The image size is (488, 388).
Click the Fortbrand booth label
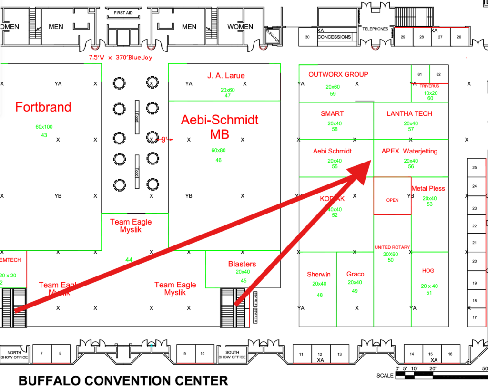click(x=43, y=107)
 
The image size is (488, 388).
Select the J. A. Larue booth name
click(x=226, y=76)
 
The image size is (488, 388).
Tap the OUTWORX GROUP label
click(x=338, y=74)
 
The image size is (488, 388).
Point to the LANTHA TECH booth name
click(x=410, y=113)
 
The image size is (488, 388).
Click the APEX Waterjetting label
click(x=409, y=151)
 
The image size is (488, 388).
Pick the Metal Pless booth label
click(x=428, y=188)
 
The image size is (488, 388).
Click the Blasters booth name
click(x=242, y=264)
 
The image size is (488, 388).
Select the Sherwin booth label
click(x=319, y=274)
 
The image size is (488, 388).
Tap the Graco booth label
click(x=355, y=274)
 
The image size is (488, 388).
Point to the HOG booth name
click(x=428, y=270)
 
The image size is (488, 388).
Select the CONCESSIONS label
click(x=334, y=37)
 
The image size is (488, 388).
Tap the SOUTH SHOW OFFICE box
click(x=232, y=355)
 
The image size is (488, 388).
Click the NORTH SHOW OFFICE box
click(x=14, y=355)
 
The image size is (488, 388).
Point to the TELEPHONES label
click(x=375, y=29)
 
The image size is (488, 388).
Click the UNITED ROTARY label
click(x=392, y=247)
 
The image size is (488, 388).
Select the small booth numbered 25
click(x=474, y=168)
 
